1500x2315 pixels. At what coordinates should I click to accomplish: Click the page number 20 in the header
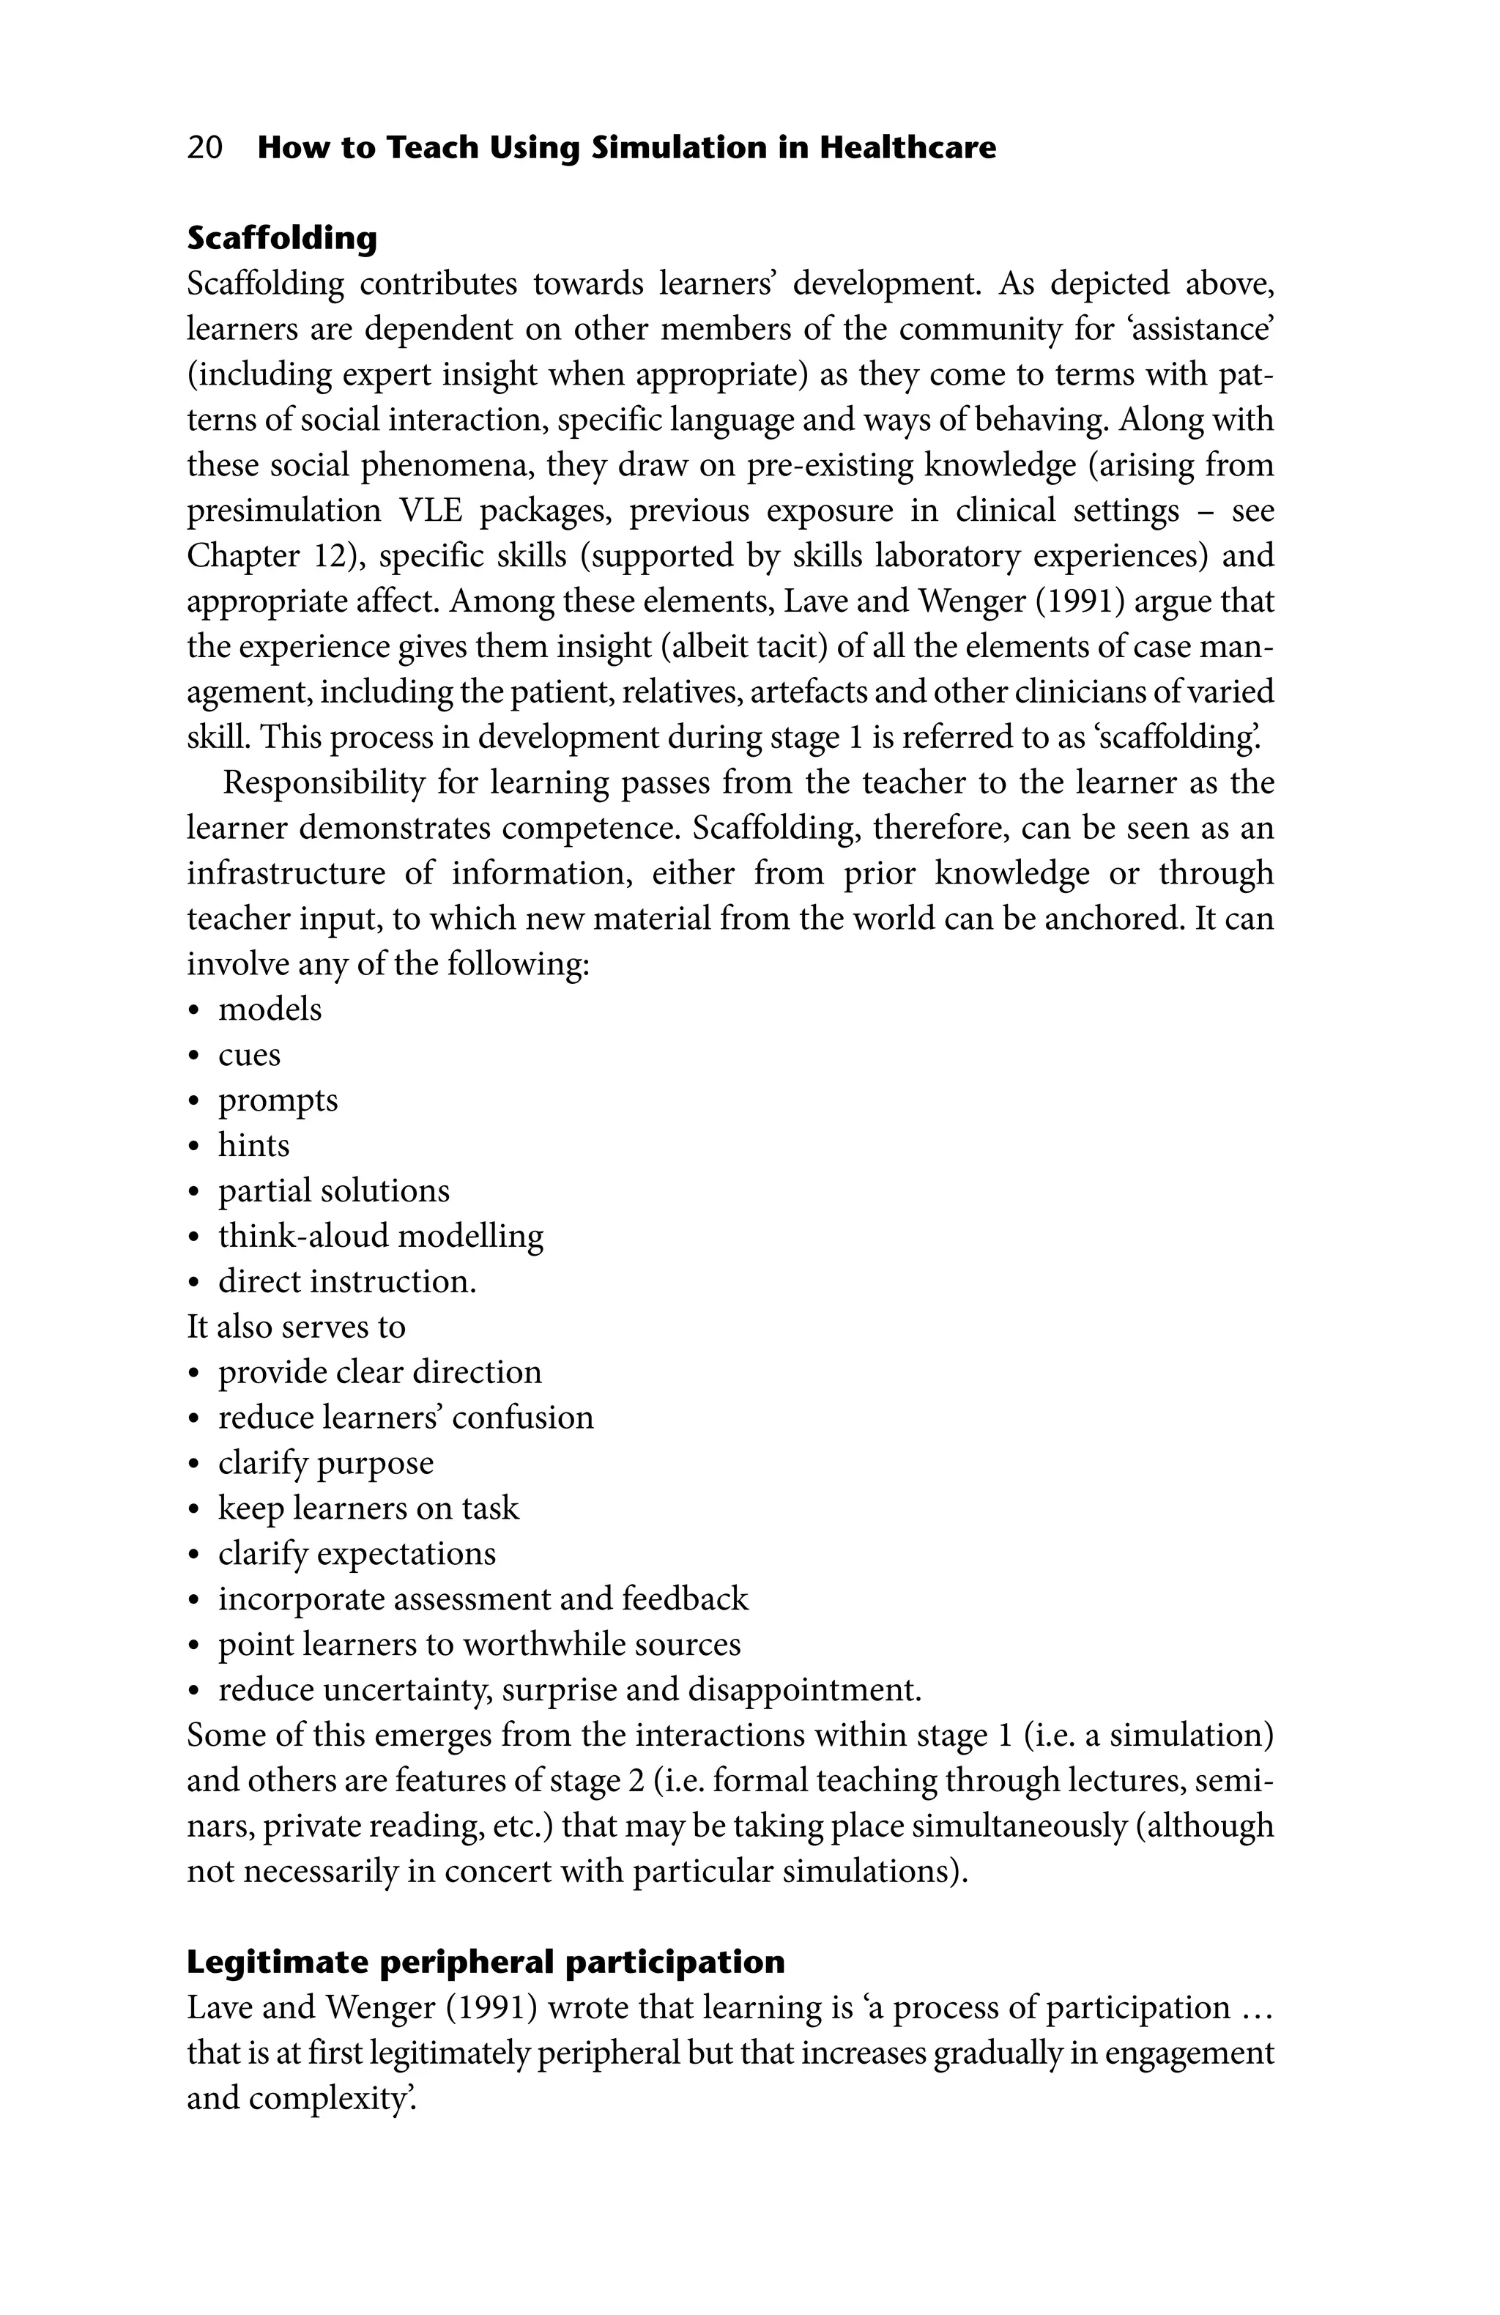point(204,148)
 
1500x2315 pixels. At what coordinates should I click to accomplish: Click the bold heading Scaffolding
point(282,237)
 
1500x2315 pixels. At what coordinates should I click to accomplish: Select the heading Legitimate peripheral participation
point(484,1961)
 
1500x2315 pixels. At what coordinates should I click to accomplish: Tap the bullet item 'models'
point(270,1009)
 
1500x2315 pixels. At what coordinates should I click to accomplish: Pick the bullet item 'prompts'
point(278,1100)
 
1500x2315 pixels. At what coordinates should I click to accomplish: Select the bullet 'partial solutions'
point(334,1190)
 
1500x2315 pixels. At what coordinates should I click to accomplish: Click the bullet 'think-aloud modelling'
point(380,1237)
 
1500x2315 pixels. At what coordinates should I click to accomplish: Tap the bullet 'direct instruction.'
point(347,1281)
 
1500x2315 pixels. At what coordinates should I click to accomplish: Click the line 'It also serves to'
point(296,1327)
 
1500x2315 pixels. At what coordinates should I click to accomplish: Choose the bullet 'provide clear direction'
point(379,1371)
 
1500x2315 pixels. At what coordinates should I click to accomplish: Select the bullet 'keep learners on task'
point(368,1508)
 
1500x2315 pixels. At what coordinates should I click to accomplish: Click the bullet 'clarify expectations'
point(356,1553)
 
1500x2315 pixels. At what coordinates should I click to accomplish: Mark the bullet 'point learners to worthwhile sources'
point(478,1644)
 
